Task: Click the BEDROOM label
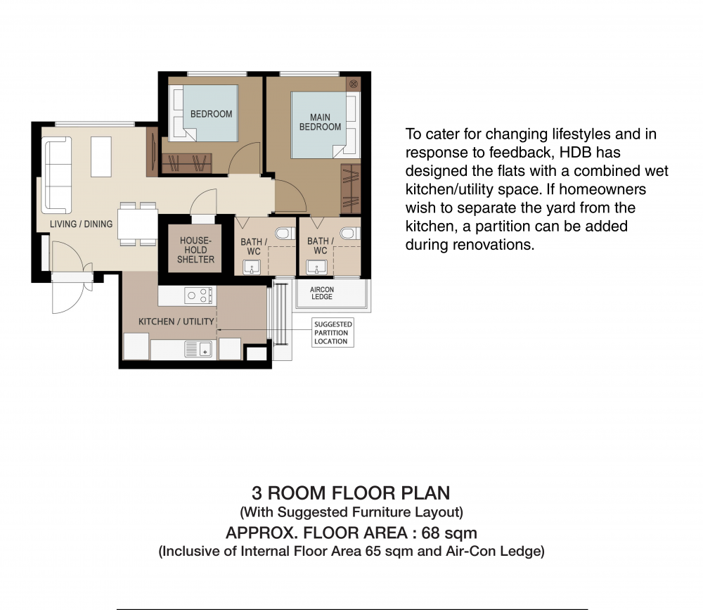tap(211, 114)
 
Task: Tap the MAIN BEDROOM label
tap(320, 122)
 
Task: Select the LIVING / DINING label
tap(81, 224)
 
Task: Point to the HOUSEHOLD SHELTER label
tap(195, 250)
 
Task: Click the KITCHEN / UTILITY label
tap(176, 322)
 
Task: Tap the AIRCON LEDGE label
tap(322, 293)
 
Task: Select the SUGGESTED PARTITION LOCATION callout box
tap(333, 333)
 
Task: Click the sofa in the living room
tap(56, 175)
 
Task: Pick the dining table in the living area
tap(138, 224)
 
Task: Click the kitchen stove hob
tap(198, 296)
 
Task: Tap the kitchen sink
tap(198, 349)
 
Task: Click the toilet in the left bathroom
tap(285, 233)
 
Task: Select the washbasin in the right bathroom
tap(316, 267)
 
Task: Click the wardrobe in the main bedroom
tap(351, 189)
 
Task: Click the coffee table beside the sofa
tap(101, 157)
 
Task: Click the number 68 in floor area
tap(430, 533)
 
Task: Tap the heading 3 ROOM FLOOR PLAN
tap(351, 493)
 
